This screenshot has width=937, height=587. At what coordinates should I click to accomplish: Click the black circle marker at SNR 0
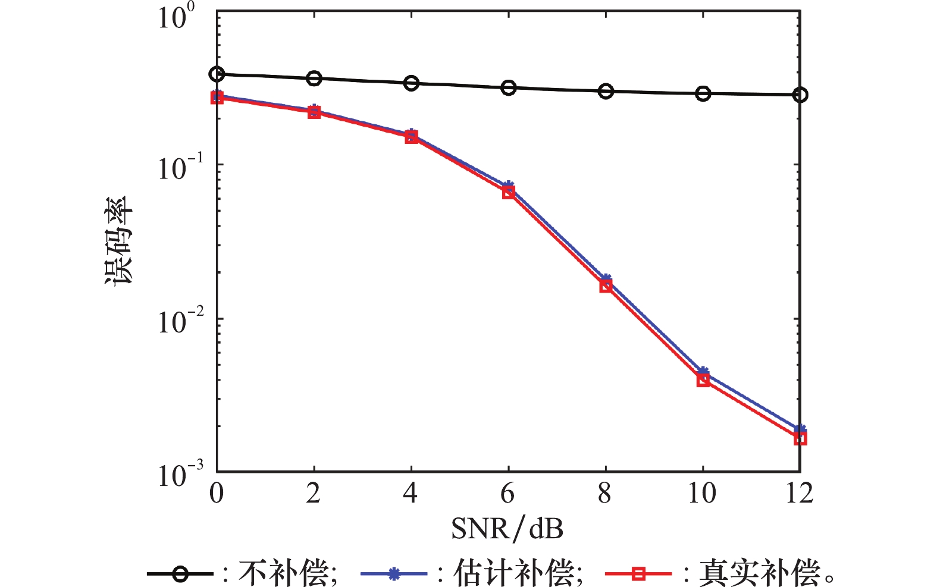pos(217,74)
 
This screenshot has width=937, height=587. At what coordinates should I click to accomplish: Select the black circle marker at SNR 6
pos(508,88)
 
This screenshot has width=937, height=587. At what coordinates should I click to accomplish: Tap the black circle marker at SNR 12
pos(800,95)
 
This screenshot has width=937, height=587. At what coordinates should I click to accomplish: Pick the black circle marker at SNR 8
pos(606,91)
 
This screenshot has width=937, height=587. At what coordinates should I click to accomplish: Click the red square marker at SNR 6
pos(508,192)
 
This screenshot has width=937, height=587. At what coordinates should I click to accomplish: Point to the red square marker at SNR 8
pos(606,286)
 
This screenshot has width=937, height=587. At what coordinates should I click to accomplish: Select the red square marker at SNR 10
pos(703,380)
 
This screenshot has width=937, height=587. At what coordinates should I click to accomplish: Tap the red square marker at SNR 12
pos(800,438)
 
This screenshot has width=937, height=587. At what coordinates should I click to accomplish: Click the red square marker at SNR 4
pos(411,137)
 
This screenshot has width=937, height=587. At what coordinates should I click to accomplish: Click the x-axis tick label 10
pos(702,494)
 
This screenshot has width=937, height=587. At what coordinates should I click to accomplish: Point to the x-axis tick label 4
pos(410,494)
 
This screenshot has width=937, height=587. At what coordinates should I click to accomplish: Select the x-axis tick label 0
pos(217,494)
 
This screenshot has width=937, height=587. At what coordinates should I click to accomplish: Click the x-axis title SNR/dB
pos(507,528)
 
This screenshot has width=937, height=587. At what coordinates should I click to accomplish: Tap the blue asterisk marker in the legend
pos(393,574)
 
